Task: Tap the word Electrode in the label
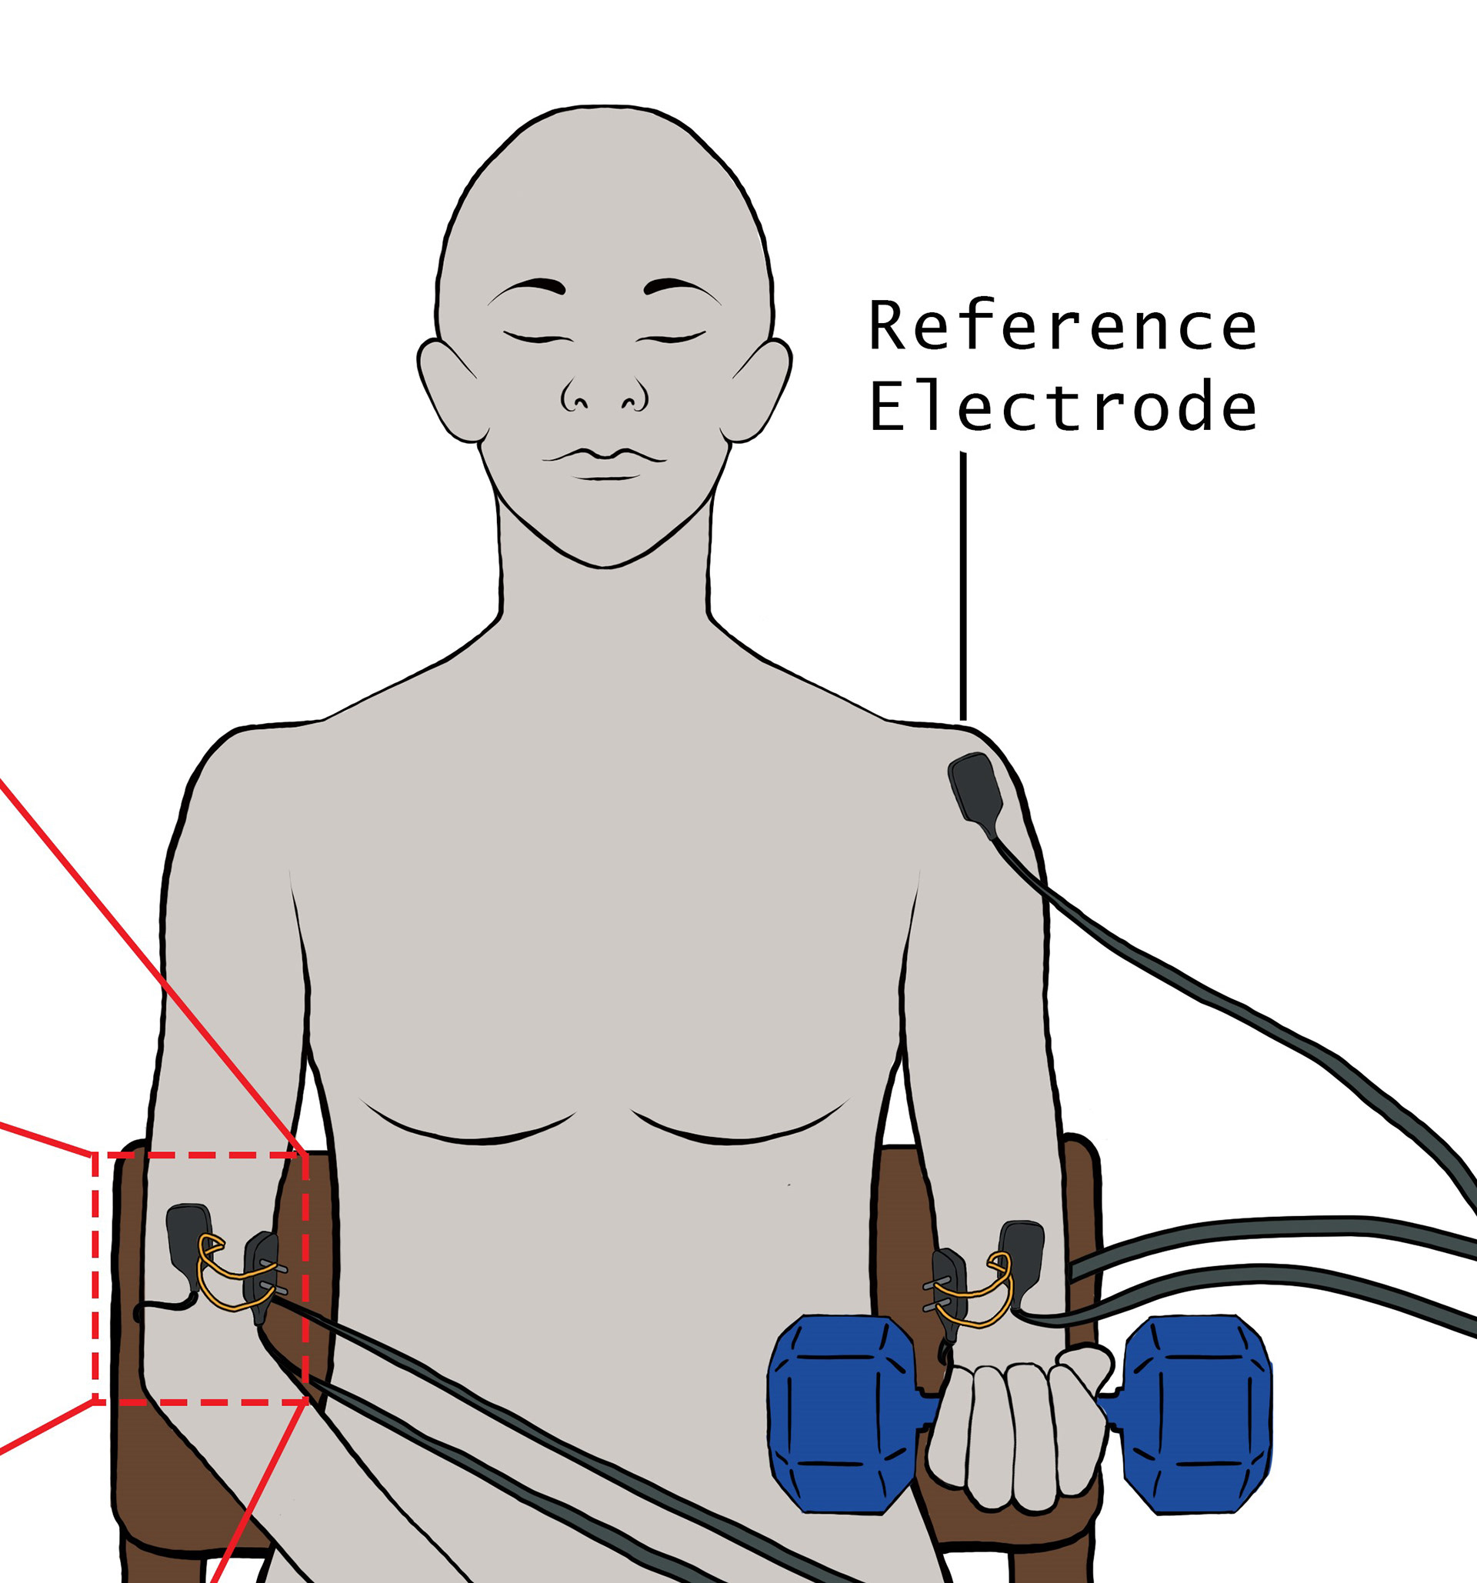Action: pyautogui.click(x=1062, y=406)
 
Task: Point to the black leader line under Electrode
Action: pyautogui.click(x=963, y=586)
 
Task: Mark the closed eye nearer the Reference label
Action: pyautogui.click(x=672, y=338)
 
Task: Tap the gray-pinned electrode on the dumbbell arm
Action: pyautogui.click(x=949, y=1293)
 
